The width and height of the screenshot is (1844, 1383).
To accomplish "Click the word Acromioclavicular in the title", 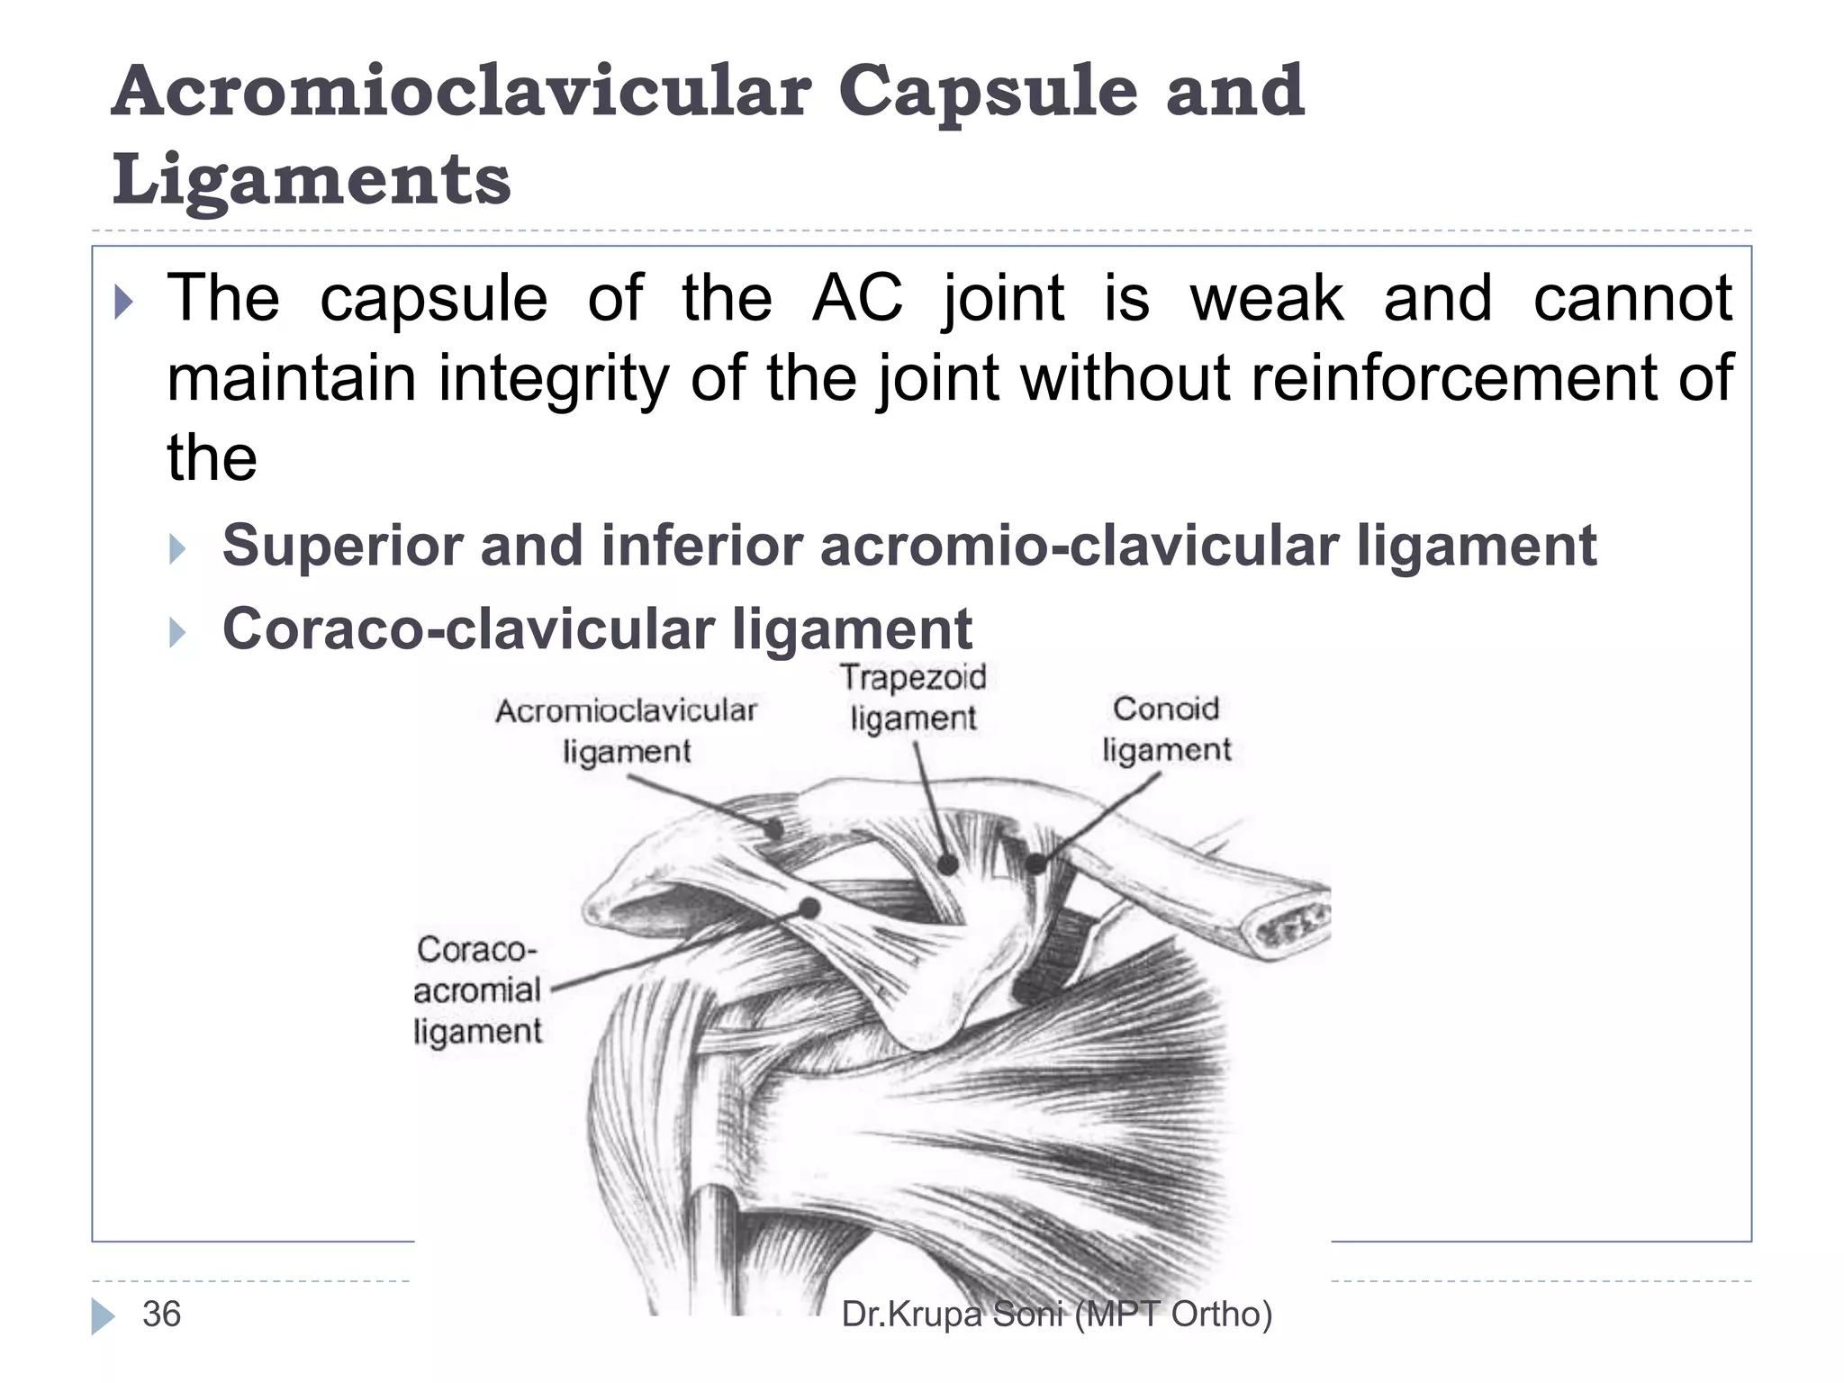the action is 461,92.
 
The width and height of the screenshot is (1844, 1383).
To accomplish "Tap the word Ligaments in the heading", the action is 312,178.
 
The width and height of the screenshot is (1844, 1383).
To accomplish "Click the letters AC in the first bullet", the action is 856,298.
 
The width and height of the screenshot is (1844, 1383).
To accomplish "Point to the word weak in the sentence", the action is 1267,298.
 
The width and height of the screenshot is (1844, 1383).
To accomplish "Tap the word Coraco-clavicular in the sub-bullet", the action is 467,628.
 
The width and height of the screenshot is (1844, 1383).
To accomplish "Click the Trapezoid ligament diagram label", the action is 913,698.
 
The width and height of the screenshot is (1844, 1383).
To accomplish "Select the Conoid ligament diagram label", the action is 1166,729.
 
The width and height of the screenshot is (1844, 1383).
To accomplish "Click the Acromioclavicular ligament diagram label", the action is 627,730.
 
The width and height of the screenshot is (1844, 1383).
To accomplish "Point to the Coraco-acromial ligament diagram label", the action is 477,990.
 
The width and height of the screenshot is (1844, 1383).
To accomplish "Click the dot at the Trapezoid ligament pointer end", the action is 947,865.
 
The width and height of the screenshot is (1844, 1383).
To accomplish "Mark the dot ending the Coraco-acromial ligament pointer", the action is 809,908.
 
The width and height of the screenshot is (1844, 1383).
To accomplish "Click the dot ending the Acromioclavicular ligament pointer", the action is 773,829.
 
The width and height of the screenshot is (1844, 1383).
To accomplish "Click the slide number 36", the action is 162,1315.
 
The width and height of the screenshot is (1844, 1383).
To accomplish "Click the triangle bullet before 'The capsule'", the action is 124,303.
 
